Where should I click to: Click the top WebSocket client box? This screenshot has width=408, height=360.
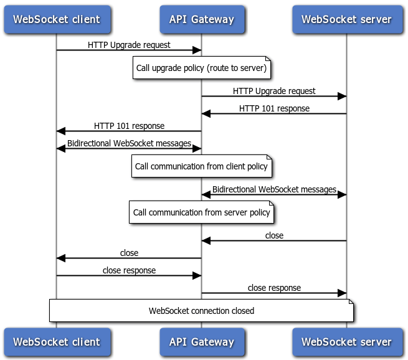56,19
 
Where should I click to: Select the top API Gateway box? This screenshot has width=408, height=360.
201,19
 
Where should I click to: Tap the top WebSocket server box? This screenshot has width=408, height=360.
346,19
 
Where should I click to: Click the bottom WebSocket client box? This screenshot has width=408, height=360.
56,342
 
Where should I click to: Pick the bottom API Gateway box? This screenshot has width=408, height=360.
201,342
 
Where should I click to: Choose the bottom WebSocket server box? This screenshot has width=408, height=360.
346,342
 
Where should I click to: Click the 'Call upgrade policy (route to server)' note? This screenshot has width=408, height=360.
201,69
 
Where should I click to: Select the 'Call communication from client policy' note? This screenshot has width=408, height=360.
201,166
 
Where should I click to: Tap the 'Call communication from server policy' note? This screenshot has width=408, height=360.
201,212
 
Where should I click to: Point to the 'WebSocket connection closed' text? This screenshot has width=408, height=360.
201,311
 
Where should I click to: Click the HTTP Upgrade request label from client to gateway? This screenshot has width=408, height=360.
129,45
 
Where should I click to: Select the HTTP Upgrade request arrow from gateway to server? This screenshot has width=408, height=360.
274,97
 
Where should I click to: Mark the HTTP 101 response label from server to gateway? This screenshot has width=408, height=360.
274,108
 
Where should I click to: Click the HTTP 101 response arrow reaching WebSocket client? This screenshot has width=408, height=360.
129,131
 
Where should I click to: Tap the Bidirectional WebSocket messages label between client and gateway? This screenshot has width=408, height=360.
129,143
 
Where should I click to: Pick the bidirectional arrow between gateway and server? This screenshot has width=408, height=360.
274,195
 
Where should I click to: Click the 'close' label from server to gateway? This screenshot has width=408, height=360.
274,235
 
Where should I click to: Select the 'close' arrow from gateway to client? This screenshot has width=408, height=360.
129,258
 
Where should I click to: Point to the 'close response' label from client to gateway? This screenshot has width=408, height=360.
129,270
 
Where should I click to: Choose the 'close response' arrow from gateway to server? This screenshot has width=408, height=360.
274,293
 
